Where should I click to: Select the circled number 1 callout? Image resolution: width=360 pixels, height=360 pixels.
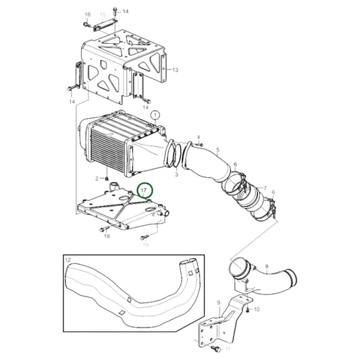click(157, 115)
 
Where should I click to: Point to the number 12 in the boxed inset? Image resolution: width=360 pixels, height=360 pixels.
click(68, 259)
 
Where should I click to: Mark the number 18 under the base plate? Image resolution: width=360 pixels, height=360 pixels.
click(106, 237)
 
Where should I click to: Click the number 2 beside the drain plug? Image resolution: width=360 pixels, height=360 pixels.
click(97, 178)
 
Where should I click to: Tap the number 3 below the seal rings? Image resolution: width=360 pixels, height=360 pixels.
click(176, 174)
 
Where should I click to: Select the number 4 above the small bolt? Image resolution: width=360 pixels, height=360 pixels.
click(199, 137)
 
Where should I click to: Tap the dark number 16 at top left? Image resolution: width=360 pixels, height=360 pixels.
click(87, 14)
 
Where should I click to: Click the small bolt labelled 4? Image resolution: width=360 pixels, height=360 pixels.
click(199, 145)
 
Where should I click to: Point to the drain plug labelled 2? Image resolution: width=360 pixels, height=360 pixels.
click(107, 178)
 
